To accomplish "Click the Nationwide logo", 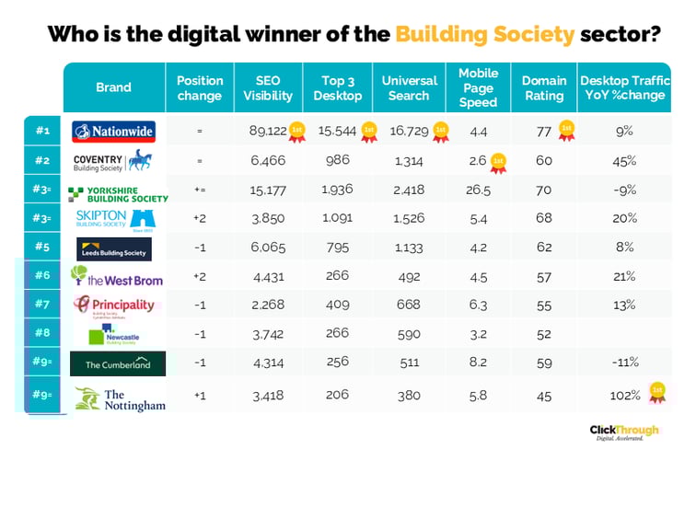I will pos(113,132).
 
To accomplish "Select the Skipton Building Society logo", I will pos(113,219).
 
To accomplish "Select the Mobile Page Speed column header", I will pos(478,87).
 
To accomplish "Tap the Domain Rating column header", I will pos(543,88).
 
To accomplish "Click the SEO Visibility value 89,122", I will pos(267,132).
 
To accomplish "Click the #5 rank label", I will pos(41,248).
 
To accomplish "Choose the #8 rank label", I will pos(41,334).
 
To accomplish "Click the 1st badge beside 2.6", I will pos(498,163).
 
